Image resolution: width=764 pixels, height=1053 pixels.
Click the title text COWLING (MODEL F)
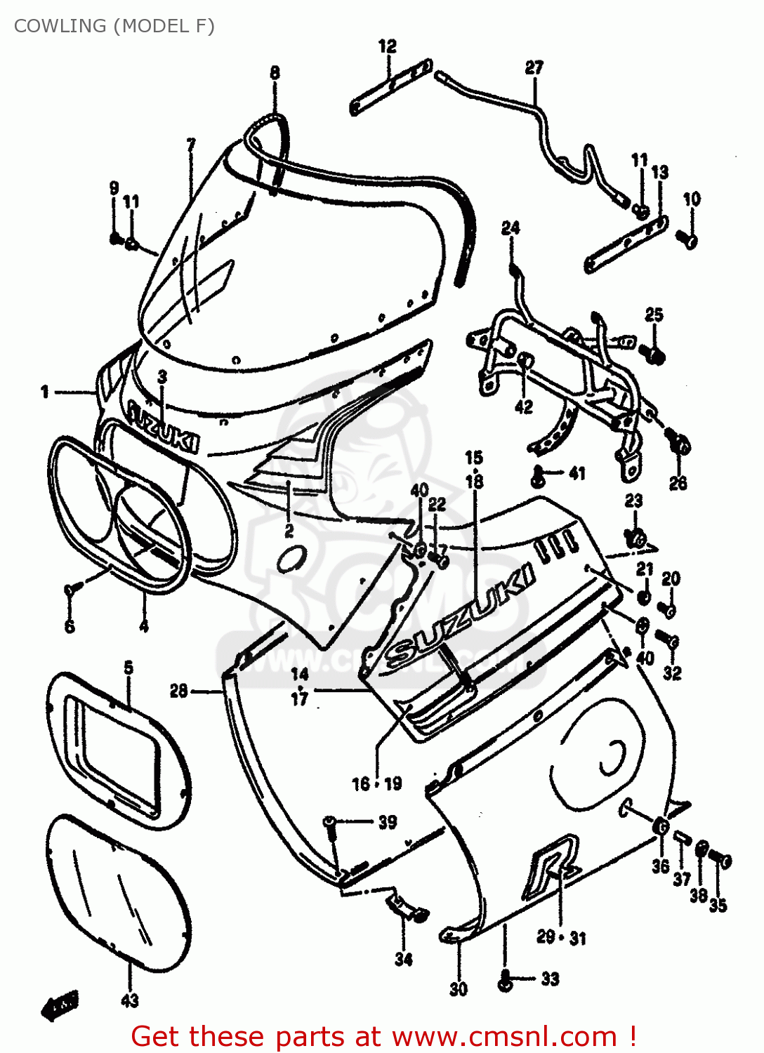[x=114, y=26]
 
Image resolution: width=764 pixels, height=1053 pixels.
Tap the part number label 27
[x=534, y=67]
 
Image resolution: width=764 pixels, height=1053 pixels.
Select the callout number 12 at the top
[x=388, y=46]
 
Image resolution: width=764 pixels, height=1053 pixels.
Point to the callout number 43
[x=130, y=1000]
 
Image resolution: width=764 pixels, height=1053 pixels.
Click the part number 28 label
[x=179, y=691]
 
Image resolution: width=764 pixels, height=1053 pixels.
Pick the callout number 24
[x=511, y=227]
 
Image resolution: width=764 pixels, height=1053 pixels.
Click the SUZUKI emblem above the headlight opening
[x=163, y=426]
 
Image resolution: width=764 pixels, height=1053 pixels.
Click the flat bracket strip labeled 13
[x=625, y=246]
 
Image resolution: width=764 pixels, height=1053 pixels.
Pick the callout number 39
[x=388, y=822]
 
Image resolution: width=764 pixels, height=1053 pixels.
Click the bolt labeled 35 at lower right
[x=721, y=859]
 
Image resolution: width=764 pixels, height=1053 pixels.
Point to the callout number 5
[x=129, y=667]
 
